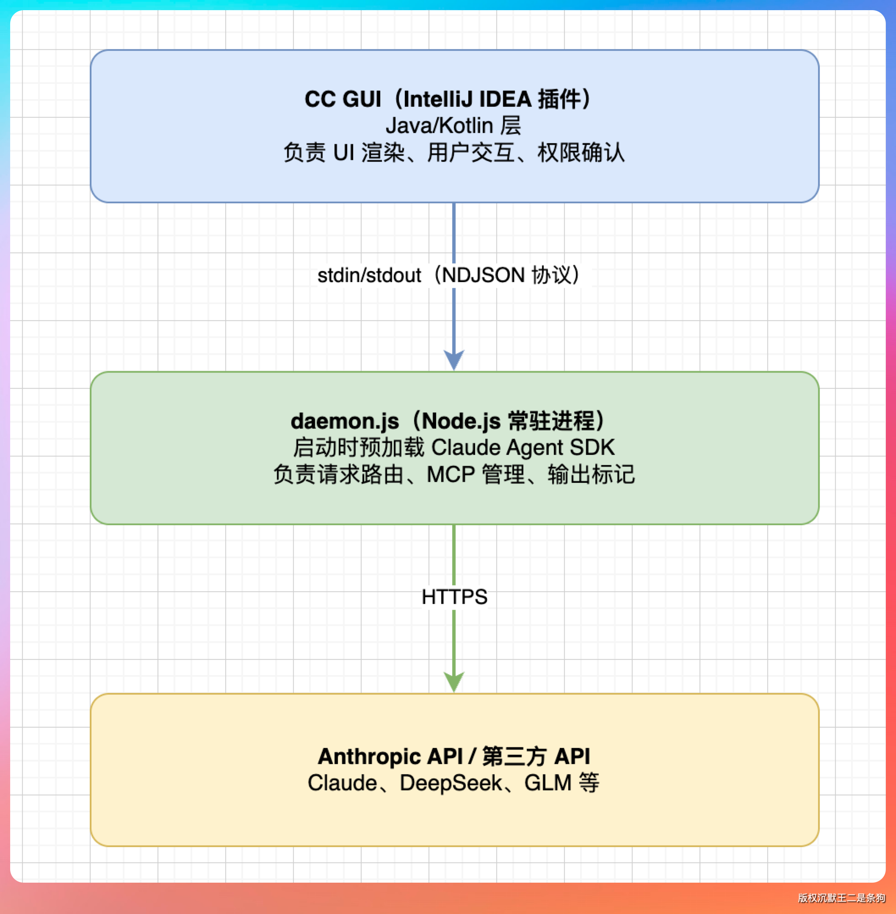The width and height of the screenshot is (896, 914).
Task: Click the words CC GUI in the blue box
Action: pos(343,99)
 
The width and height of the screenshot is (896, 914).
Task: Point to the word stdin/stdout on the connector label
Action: pos(369,275)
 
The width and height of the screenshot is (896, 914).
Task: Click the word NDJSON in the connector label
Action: pos(483,275)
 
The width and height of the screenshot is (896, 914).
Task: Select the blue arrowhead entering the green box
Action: pos(454,360)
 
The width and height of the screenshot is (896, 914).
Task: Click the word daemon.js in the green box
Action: pos(345,421)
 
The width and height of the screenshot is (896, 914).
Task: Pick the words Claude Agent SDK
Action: pos(523,448)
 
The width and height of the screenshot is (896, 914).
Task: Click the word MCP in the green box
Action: pos(451,474)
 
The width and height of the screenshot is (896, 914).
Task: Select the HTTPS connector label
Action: pos(454,597)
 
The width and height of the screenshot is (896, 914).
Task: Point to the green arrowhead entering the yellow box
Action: pos(454,681)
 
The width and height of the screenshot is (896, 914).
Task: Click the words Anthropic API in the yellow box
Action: pos(390,756)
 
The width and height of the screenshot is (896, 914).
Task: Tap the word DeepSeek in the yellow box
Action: pos(451,783)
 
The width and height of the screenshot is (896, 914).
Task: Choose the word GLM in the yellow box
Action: pos(548,783)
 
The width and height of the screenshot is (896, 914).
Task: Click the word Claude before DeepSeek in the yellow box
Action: pos(342,783)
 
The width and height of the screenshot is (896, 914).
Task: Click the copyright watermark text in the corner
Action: pos(841,898)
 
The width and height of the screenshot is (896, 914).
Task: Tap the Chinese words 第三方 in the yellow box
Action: pos(514,756)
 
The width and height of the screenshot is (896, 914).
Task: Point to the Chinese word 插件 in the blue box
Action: pos(559,99)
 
